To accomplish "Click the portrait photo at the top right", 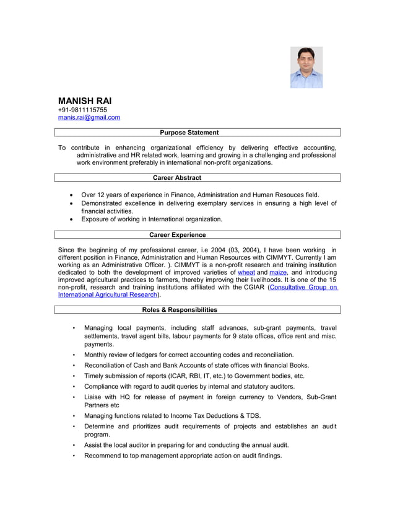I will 306,67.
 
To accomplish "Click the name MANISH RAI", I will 85,101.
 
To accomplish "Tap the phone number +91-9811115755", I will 82,110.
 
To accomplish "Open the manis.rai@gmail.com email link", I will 89,117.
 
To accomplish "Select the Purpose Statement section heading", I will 189,133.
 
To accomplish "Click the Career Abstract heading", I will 177,178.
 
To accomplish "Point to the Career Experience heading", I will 178,235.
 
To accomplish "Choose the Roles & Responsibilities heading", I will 180,310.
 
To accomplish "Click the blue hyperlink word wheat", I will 246,272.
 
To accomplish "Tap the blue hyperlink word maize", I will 278,272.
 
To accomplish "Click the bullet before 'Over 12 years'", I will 74,195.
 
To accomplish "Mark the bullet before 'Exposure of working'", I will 74,219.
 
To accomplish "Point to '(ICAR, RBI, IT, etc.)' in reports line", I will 204,376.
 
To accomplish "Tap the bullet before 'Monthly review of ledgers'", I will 74,355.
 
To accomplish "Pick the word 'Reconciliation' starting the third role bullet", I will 107,365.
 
